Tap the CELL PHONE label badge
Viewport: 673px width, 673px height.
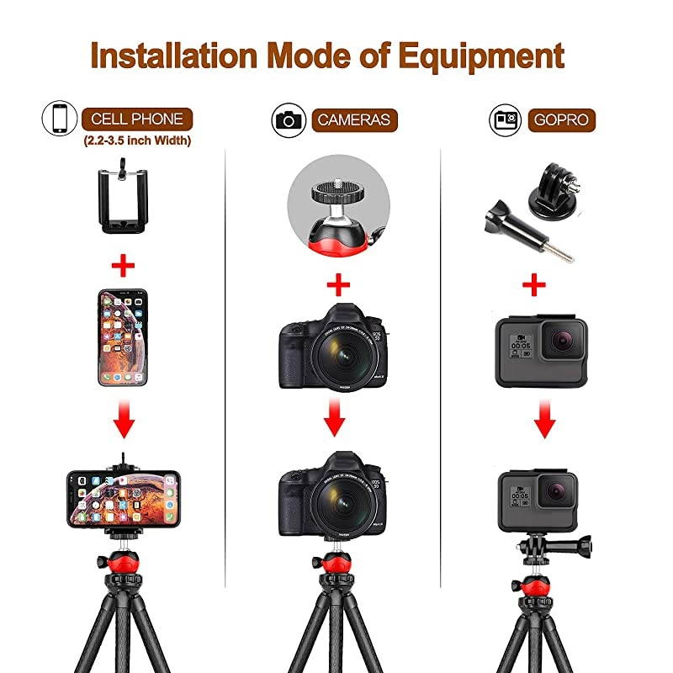pyautogui.click(x=137, y=119)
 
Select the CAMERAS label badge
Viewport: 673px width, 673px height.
pyautogui.click(x=353, y=119)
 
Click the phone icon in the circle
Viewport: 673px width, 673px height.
pyautogui.click(x=59, y=119)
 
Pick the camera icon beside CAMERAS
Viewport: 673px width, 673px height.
pyautogui.click(x=289, y=119)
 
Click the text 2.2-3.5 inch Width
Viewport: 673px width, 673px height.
pyautogui.click(x=136, y=141)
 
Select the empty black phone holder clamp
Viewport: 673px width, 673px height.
pyautogui.click(x=125, y=197)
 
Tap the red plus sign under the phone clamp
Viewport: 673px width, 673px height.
pyautogui.click(x=124, y=268)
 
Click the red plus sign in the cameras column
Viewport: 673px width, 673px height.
pyautogui.click(x=337, y=285)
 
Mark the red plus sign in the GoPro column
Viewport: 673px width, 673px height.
pyautogui.click(x=534, y=285)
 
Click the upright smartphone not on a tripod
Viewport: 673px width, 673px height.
pyautogui.click(x=125, y=337)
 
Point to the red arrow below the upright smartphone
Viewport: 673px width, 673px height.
pyautogui.click(x=125, y=421)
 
